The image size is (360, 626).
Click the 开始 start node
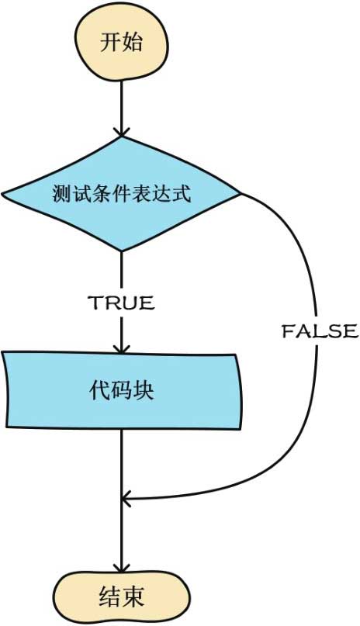click(121, 42)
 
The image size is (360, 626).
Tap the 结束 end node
click(121, 597)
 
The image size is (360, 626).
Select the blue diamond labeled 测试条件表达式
click(121, 194)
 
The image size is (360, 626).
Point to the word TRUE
click(121, 303)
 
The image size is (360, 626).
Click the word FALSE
click(320, 331)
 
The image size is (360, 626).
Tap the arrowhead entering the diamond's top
click(121, 133)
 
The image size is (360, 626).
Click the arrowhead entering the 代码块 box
click(121, 348)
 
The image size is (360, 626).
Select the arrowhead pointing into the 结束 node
click(121, 569)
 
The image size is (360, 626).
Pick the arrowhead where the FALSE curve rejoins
click(126, 499)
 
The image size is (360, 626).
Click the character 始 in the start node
click(132, 42)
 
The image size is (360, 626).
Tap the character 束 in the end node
click(133, 597)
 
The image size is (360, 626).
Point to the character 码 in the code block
click(121, 390)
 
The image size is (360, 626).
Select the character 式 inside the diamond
click(182, 194)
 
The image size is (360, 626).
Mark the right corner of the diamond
click(241, 195)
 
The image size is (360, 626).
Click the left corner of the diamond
click(2, 195)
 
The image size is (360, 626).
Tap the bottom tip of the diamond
click(121, 251)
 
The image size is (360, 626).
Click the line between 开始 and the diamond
click(120, 105)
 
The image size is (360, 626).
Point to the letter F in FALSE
click(288, 331)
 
